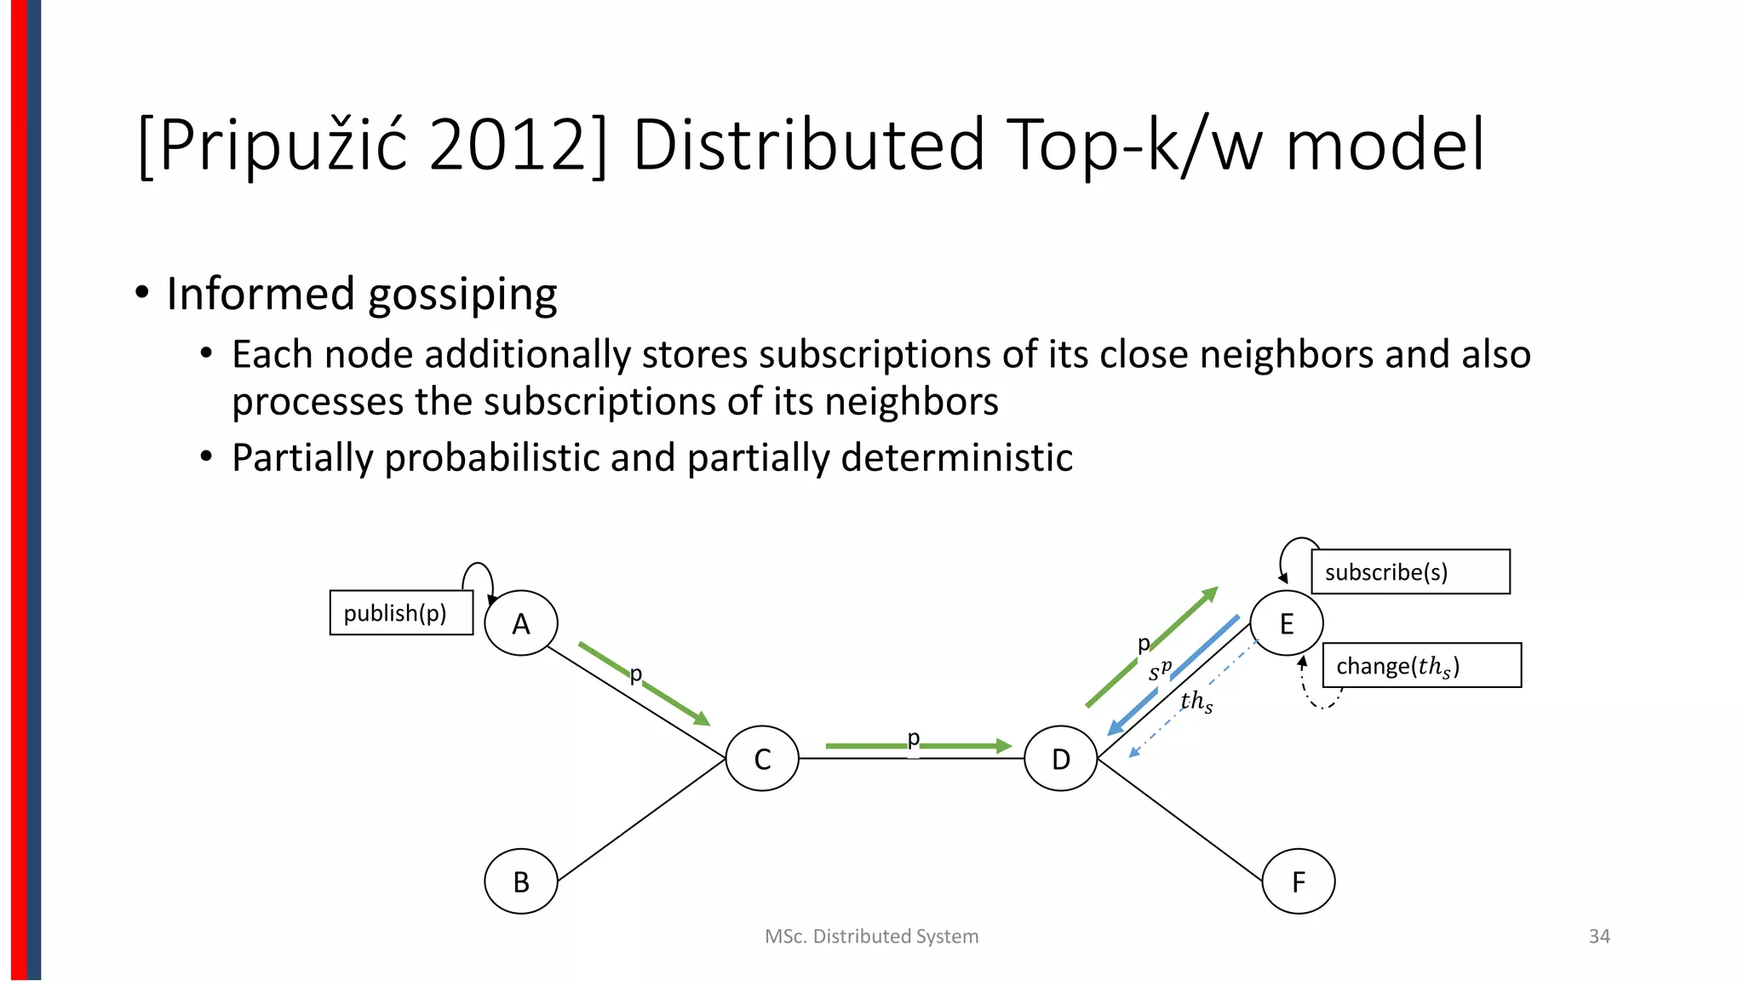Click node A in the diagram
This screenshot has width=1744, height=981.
(520, 623)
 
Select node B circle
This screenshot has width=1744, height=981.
(520, 881)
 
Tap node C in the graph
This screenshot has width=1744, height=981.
(762, 759)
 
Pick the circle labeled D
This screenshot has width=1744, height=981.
(1060, 759)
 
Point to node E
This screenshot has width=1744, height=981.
(1286, 623)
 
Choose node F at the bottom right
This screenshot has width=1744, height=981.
(1298, 881)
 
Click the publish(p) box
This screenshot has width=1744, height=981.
(401, 613)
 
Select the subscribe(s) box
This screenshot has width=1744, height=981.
(1410, 572)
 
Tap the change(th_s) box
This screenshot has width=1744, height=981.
(1421, 665)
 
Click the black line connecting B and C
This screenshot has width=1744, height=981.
(640, 820)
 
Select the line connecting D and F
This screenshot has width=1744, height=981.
(1179, 819)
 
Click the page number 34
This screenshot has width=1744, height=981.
(1598, 937)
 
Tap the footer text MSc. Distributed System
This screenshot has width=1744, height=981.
(871, 937)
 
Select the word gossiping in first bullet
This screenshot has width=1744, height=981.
(462, 295)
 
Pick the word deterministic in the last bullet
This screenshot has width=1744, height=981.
(956, 458)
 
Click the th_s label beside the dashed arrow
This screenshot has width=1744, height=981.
(1196, 702)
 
